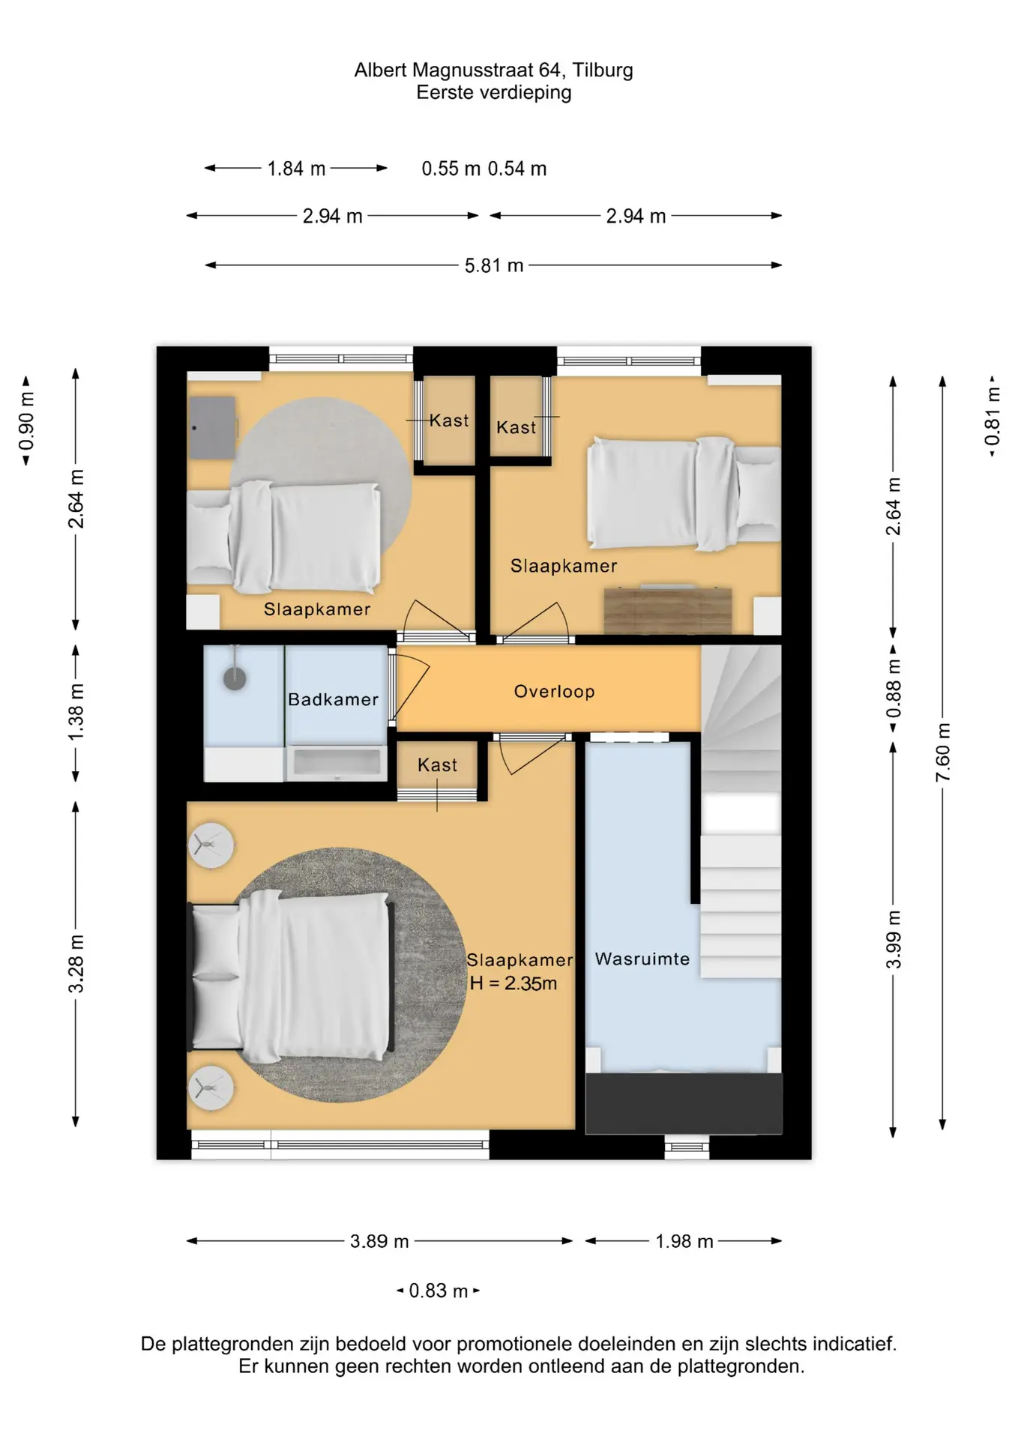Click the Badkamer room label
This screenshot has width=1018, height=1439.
(333, 699)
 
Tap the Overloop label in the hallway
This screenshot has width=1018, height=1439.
(554, 691)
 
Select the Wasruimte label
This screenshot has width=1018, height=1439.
(642, 959)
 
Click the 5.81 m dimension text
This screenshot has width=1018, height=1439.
(494, 265)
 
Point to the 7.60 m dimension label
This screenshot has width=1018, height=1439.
(943, 752)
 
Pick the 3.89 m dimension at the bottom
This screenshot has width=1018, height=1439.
(379, 1241)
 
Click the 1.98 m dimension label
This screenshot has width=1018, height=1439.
(684, 1241)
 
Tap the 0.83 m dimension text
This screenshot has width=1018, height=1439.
(439, 1291)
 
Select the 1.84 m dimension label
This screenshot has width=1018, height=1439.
(296, 169)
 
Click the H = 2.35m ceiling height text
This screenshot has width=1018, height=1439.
(513, 983)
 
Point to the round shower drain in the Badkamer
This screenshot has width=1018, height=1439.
(235, 679)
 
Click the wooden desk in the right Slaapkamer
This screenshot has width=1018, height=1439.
(668, 610)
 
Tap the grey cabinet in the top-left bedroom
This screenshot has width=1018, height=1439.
(213, 428)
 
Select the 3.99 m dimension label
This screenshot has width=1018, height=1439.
(894, 939)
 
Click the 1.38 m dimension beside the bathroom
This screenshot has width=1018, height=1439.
(76, 712)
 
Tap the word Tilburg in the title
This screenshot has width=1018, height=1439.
(603, 70)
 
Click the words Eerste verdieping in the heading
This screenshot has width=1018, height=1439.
(494, 92)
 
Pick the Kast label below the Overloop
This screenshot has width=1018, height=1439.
(437, 765)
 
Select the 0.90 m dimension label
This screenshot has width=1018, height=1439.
(26, 421)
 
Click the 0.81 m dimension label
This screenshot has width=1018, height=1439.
(993, 417)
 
